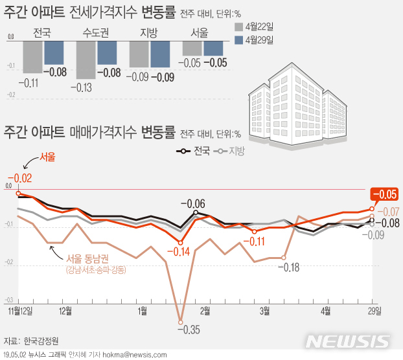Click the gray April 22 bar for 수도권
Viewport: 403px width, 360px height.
pos(86,60)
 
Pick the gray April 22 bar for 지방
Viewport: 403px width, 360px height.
pos(139,54)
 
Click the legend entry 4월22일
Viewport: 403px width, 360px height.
pos(253,27)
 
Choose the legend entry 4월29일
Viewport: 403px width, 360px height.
pos(253,40)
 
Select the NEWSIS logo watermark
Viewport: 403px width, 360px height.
pos(349,341)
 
